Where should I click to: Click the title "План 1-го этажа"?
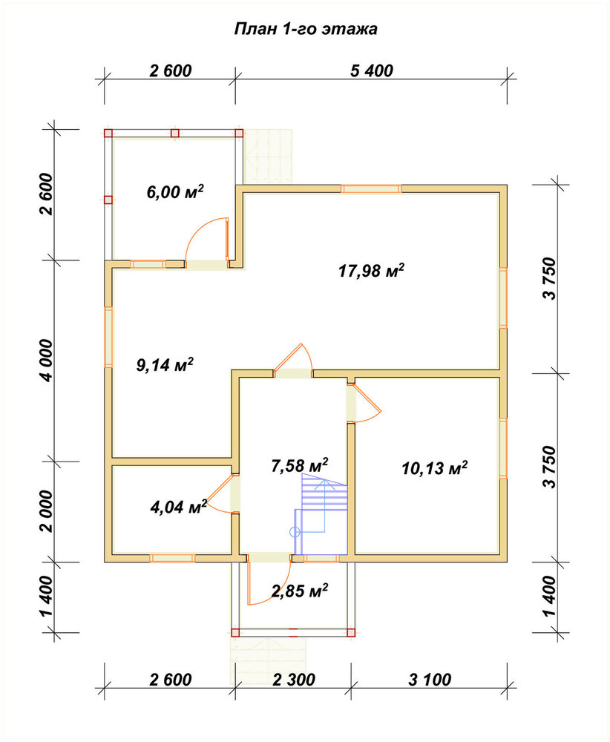tap(306, 30)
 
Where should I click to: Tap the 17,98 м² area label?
tap(372, 271)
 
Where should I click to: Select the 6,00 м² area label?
tap(175, 191)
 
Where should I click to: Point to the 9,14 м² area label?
tap(165, 364)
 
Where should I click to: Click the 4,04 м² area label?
tap(178, 507)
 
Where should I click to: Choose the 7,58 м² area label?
tap(300, 465)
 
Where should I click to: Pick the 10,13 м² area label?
tap(434, 468)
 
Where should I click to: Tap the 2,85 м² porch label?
tap(300, 591)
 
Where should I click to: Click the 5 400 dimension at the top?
tap(372, 70)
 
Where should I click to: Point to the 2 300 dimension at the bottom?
tap(293, 680)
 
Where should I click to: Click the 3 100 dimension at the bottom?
tap(430, 680)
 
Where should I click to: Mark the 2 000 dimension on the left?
tap(46, 511)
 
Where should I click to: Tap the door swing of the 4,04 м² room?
tap(220, 493)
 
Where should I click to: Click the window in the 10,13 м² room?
tap(503, 449)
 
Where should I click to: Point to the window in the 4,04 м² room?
tap(172, 558)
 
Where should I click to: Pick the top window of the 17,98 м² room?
tap(371, 188)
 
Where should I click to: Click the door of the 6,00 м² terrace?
tap(207, 243)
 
